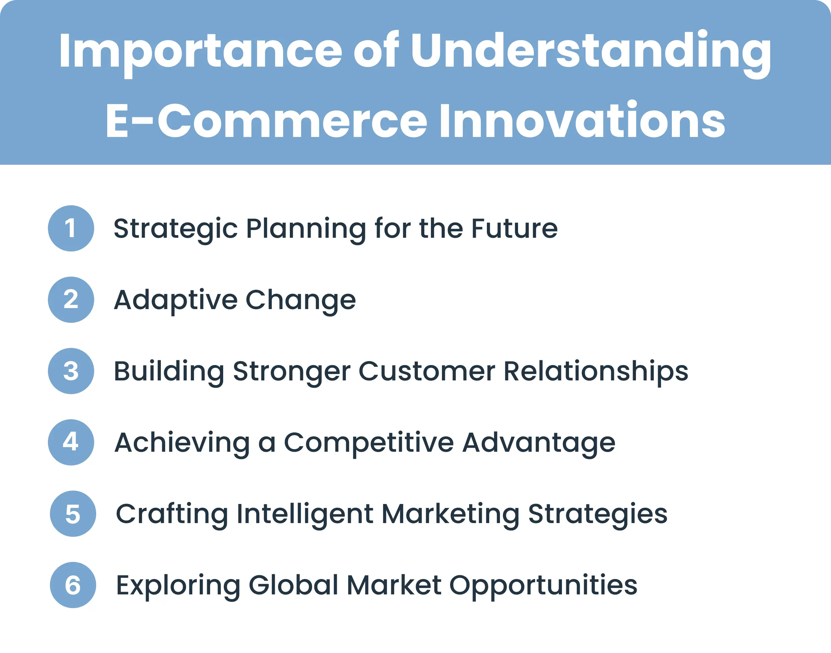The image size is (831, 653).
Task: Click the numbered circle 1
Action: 71,228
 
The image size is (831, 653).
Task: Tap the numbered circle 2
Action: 71,300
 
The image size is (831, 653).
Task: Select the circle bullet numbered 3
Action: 71,371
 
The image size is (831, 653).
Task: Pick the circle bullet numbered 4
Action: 71,442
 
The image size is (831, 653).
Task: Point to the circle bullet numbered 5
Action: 73,514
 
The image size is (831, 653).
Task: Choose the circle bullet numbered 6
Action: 73,585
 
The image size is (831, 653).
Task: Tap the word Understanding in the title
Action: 591,52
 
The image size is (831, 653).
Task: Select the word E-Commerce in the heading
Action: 266,122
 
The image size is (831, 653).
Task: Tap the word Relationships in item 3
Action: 596,372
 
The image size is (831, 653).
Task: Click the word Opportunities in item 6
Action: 543,586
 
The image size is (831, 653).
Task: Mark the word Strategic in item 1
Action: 176,229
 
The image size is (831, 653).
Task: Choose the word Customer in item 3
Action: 427,371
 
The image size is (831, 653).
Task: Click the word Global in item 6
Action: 294,585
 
